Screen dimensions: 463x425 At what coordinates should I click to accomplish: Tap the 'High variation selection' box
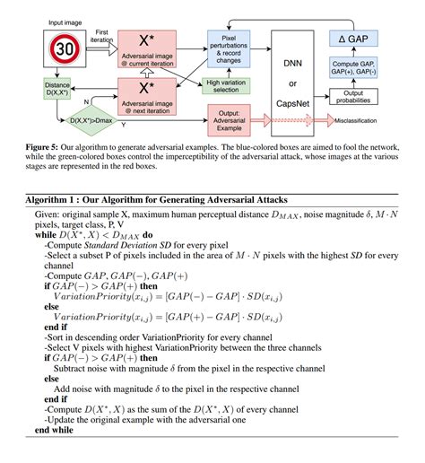coord(228,84)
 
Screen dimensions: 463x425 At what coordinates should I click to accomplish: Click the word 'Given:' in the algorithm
coord(50,214)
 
